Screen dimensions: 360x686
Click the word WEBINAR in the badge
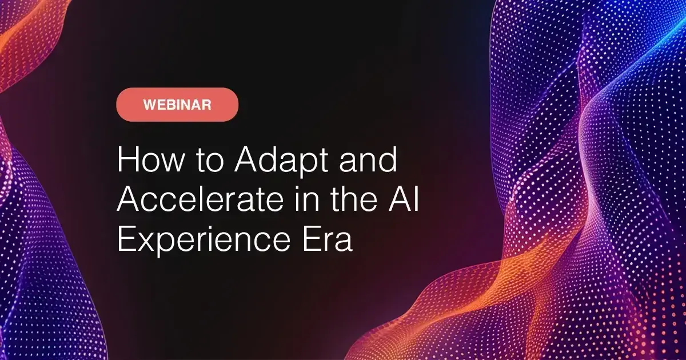[x=177, y=105]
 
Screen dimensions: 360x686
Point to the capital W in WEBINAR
[x=149, y=105]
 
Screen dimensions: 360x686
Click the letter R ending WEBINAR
[x=207, y=105]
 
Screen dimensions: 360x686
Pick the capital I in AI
[x=416, y=202]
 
